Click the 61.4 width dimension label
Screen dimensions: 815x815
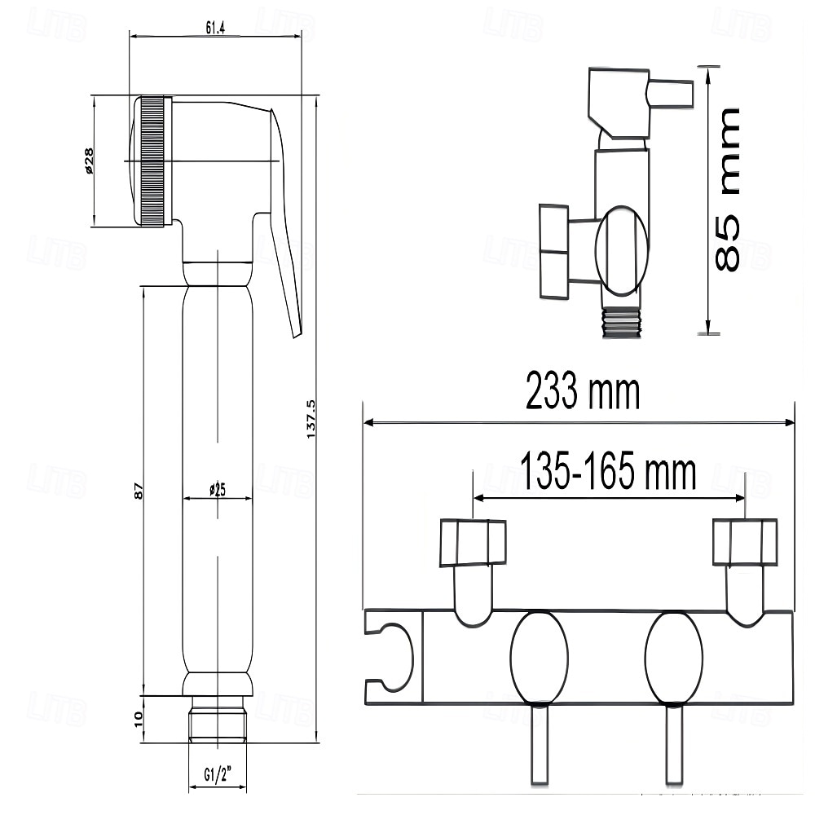tap(215, 28)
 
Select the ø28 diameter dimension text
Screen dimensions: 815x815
tap(89, 161)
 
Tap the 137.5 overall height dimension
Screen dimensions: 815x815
tap(311, 419)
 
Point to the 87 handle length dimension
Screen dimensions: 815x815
tap(139, 491)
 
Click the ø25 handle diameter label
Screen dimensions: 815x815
tap(217, 490)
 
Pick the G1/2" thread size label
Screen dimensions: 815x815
tap(217, 773)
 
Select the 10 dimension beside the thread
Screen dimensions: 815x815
tap(139, 718)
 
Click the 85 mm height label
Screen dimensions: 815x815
tap(727, 189)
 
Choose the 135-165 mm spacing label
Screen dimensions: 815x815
tap(609, 473)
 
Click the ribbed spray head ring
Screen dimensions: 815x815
tap(152, 161)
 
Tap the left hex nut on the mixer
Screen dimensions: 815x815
tap(473, 543)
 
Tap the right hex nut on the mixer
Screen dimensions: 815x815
tap(745, 543)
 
